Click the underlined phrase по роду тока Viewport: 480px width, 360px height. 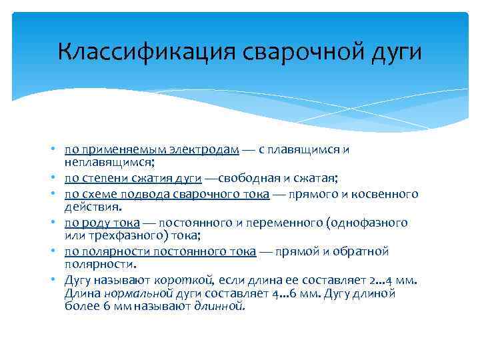[102, 223]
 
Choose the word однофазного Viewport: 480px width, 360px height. [369, 223]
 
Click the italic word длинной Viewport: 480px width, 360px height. [219, 307]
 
